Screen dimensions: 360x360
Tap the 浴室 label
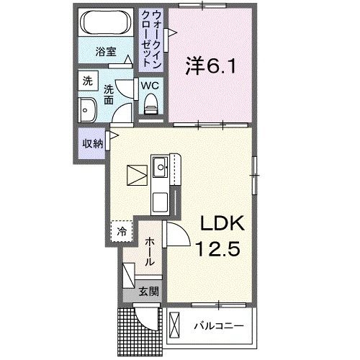107,51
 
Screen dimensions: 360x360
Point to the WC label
150,85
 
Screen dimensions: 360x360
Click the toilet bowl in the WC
150,105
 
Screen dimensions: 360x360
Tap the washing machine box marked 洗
86,81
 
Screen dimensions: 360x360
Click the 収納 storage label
91,143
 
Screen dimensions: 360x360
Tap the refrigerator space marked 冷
122,232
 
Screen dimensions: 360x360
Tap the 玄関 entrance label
149,293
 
